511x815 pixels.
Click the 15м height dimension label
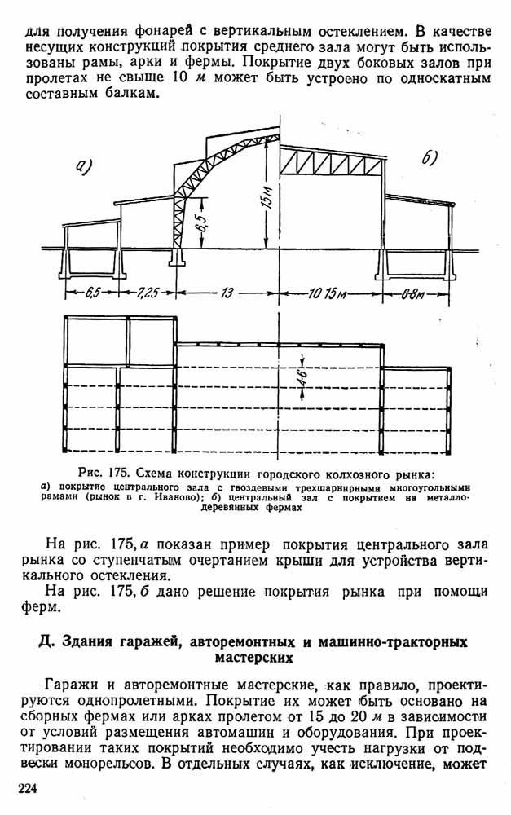268,197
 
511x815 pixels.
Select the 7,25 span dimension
148,293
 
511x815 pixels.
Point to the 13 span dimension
227,293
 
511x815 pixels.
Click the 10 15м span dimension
327,293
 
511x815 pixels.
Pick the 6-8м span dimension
413,294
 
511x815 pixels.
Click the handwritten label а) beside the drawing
84,165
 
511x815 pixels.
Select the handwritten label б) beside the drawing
430,157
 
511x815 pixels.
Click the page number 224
28,788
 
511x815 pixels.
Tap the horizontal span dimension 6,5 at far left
93,293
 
